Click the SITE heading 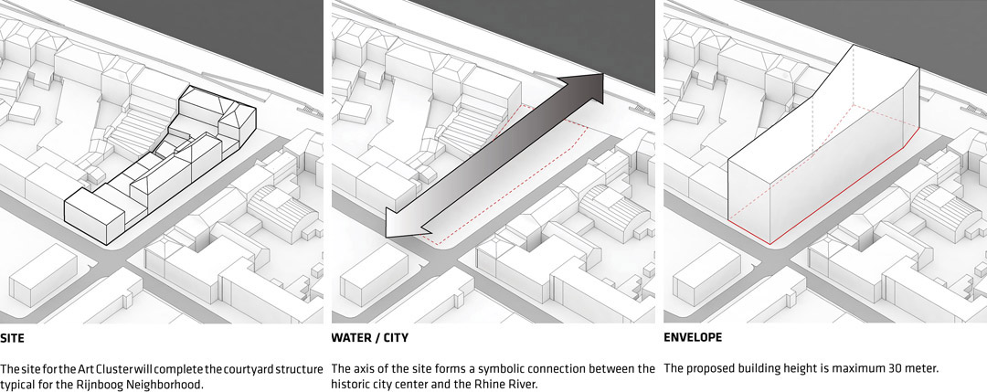pos(12,338)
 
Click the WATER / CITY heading pos(369,338)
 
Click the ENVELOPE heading pos(693,338)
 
